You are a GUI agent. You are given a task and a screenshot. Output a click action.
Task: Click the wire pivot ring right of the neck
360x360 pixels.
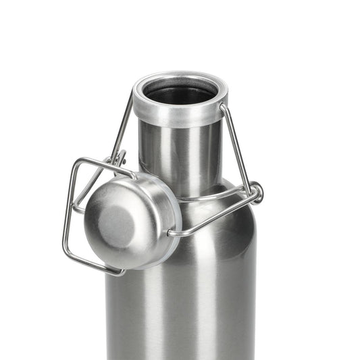pyautogui.click(x=256, y=192)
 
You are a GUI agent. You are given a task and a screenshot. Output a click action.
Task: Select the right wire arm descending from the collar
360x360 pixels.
pyautogui.click(x=236, y=145)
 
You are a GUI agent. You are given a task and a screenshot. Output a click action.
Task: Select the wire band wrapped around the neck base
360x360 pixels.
pyautogui.click(x=209, y=198)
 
